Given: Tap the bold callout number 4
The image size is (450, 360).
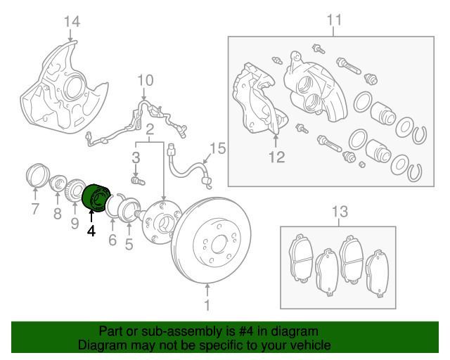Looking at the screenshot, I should [x=91, y=229].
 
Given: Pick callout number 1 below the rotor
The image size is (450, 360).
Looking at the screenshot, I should [x=207, y=306].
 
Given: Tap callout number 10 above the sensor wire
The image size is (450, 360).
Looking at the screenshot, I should [x=143, y=79].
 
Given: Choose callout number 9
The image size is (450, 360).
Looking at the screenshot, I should [x=75, y=224].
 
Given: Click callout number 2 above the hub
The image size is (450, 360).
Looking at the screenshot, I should [x=150, y=129].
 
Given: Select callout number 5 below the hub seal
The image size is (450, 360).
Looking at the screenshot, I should [x=129, y=244].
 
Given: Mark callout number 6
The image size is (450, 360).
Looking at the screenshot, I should [x=111, y=240].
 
